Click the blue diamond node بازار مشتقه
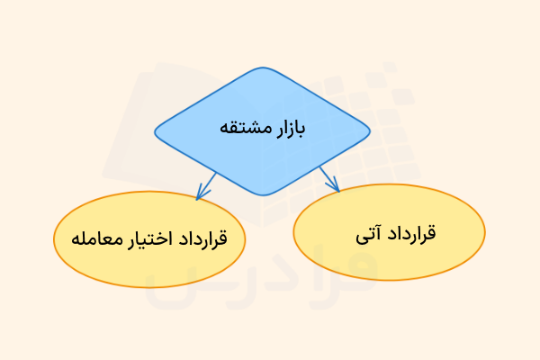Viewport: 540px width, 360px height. point(262,131)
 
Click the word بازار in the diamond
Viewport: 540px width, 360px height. point(290,128)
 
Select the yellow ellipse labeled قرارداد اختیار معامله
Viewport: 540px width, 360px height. point(148,238)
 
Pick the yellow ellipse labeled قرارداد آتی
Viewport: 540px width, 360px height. point(390,233)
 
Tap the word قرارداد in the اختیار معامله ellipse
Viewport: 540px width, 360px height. point(202,239)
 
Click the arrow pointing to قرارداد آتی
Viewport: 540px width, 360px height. point(329,178)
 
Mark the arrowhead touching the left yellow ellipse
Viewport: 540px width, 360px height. point(201,193)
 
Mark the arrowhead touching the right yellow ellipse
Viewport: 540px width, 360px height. point(336,187)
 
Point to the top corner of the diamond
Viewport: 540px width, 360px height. point(262,68)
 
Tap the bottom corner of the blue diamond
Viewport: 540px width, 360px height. point(262,194)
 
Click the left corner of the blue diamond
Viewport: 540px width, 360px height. point(155,131)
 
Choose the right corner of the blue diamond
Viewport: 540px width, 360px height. point(370,131)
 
